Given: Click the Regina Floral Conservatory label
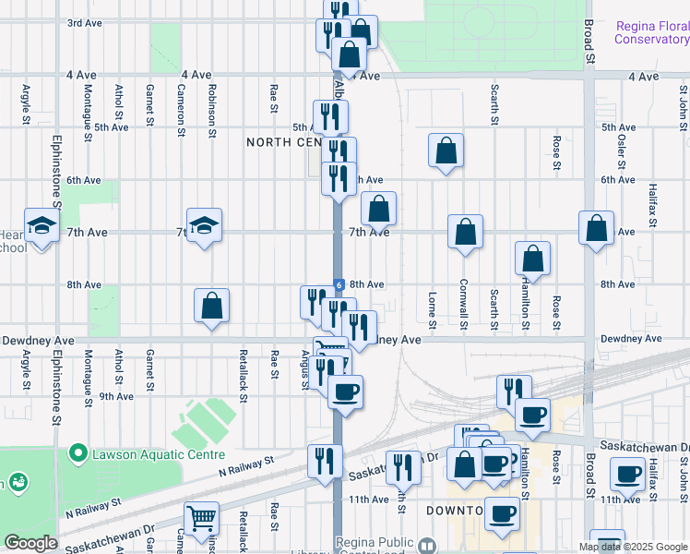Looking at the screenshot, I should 652,32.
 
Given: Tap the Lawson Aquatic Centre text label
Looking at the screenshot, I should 156,454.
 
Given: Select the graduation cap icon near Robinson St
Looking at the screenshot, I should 204,225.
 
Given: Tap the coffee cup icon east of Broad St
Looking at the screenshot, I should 629,475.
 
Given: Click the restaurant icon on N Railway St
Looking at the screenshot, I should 325,460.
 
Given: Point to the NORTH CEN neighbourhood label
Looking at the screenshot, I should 282,142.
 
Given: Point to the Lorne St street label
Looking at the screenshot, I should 432,309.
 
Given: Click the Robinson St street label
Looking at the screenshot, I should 211,111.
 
